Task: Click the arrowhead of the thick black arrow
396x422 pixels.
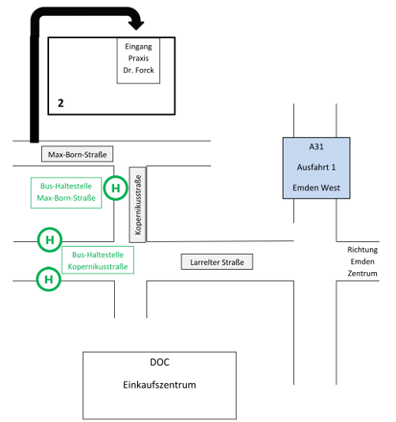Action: [x=136, y=25]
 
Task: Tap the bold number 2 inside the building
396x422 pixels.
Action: [x=61, y=103]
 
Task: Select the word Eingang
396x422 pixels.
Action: [x=139, y=47]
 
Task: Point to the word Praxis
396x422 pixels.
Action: [x=139, y=58]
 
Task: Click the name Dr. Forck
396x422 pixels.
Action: [x=139, y=71]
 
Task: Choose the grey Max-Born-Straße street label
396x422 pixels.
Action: [x=77, y=154]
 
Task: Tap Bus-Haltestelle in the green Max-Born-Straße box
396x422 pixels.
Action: [x=66, y=186]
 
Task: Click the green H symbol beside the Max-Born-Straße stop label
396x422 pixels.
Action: [x=116, y=188]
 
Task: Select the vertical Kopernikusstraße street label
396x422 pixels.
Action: [x=138, y=205]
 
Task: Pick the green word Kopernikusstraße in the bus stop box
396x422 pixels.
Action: [x=97, y=267]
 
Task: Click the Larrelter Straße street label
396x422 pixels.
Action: [x=217, y=262]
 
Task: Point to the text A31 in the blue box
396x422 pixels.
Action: [x=316, y=147]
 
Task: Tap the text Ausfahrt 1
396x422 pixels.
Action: [x=316, y=167]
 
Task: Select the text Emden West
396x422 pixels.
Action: [x=316, y=187]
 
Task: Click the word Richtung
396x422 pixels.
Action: [x=363, y=250]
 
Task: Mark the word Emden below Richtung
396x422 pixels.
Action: [x=363, y=262]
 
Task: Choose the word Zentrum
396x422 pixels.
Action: [x=363, y=274]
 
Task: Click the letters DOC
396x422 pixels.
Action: [x=159, y=363]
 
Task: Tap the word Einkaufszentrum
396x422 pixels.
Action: [x=159, y=385]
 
